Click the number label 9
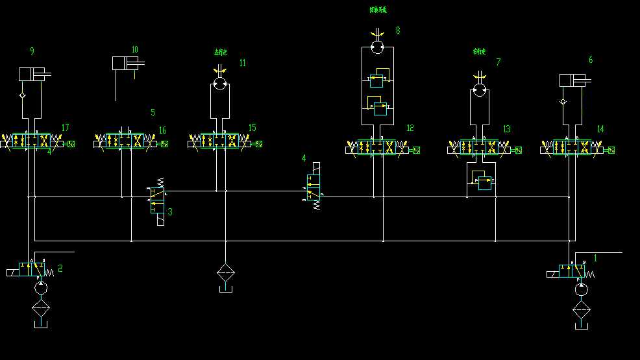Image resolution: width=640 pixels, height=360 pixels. pyautogui.click(x=32, y=51)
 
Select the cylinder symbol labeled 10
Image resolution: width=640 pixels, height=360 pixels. pyautogui.click(x=127, y=63)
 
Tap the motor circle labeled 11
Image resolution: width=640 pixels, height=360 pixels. pyautogui.click(x=220, y=84)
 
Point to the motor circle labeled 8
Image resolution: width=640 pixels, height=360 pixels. pyautogui.click(x=377, y=47)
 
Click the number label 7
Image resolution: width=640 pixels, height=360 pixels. pyautogui.click(x=498, y=62)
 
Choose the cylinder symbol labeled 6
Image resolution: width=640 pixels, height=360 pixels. pyautogui.click(x=573, y=80)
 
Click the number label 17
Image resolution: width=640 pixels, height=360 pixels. pyautogui.click(x=64, y=128)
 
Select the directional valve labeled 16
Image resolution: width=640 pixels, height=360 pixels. pyautogui.click(x=125, y=141)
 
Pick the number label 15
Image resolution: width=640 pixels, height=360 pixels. pyautogui.click(x=252, y=128)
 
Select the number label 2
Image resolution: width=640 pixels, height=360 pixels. pyautogui.click(x=60, y=267)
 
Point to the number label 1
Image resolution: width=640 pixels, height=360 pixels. pyautogui.click(x=595, y=258)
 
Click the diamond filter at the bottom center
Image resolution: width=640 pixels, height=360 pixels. pyautogui.click(x=225, y=272)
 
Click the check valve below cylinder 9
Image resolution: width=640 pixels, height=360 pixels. pyautogui.click(x=23, y=95)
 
